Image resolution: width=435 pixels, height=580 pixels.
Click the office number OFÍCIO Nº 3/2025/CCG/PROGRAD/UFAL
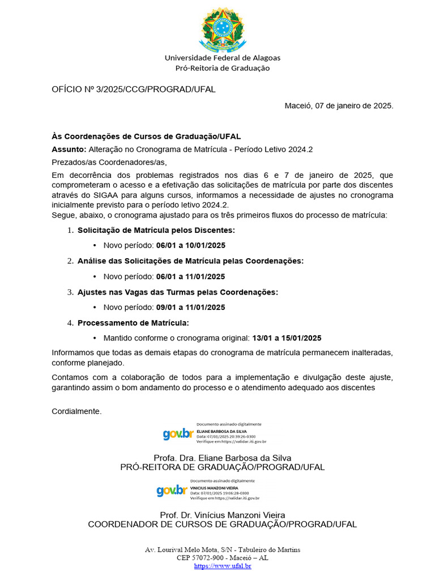tap(134, 89)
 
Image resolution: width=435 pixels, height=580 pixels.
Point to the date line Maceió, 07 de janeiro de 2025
tap(338, 105)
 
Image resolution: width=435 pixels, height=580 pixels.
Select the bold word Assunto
tap(69, 149)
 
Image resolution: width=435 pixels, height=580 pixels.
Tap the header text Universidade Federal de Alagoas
tap(222, 58)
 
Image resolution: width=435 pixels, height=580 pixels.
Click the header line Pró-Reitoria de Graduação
tap(222, 68)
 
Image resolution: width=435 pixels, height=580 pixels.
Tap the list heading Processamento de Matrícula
tap(133, 323)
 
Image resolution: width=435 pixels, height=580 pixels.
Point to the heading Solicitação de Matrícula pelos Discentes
tap(156, 230)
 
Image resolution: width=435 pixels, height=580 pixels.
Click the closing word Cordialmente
tap(76, 411)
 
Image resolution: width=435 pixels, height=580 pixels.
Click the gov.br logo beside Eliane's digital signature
tap(178, 434)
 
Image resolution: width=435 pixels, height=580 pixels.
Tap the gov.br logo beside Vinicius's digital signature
tap(172, 491)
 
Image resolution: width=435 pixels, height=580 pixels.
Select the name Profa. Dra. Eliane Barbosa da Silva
tap(222, 458)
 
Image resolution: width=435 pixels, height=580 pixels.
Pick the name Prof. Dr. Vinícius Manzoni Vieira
tap(222, 515)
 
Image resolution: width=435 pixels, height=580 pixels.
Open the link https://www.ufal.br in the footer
tap(222, 566)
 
